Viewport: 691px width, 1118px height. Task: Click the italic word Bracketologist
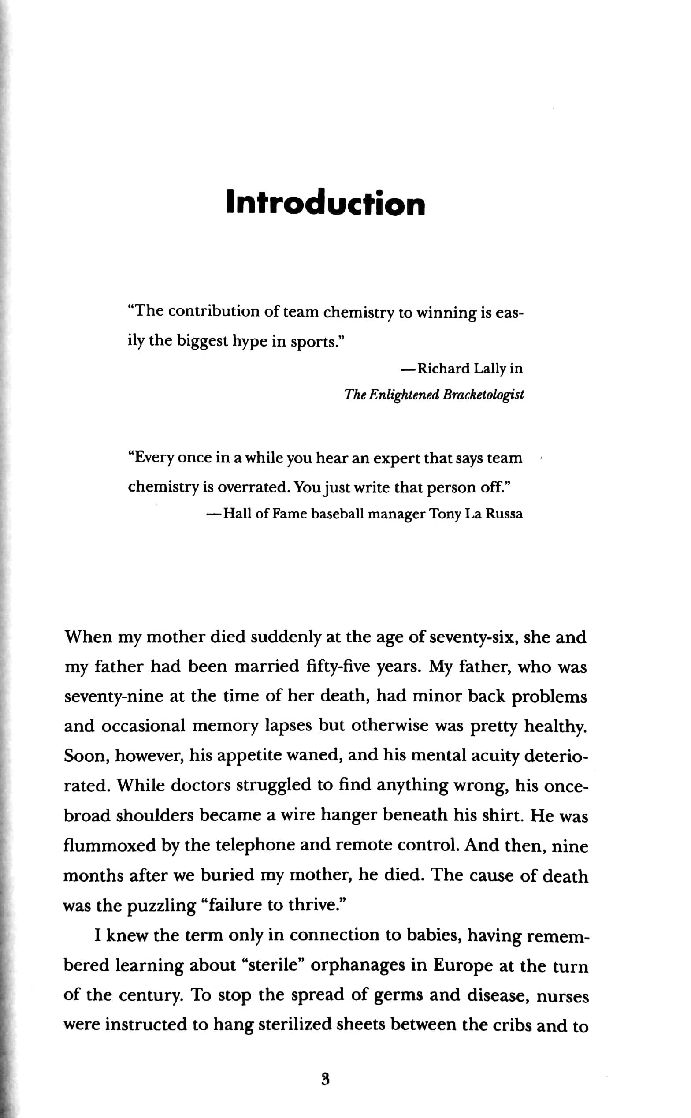coord(483,395)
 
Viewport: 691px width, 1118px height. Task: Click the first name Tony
coord(443,514)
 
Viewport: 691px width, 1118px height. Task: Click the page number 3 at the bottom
coord(326,1080)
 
